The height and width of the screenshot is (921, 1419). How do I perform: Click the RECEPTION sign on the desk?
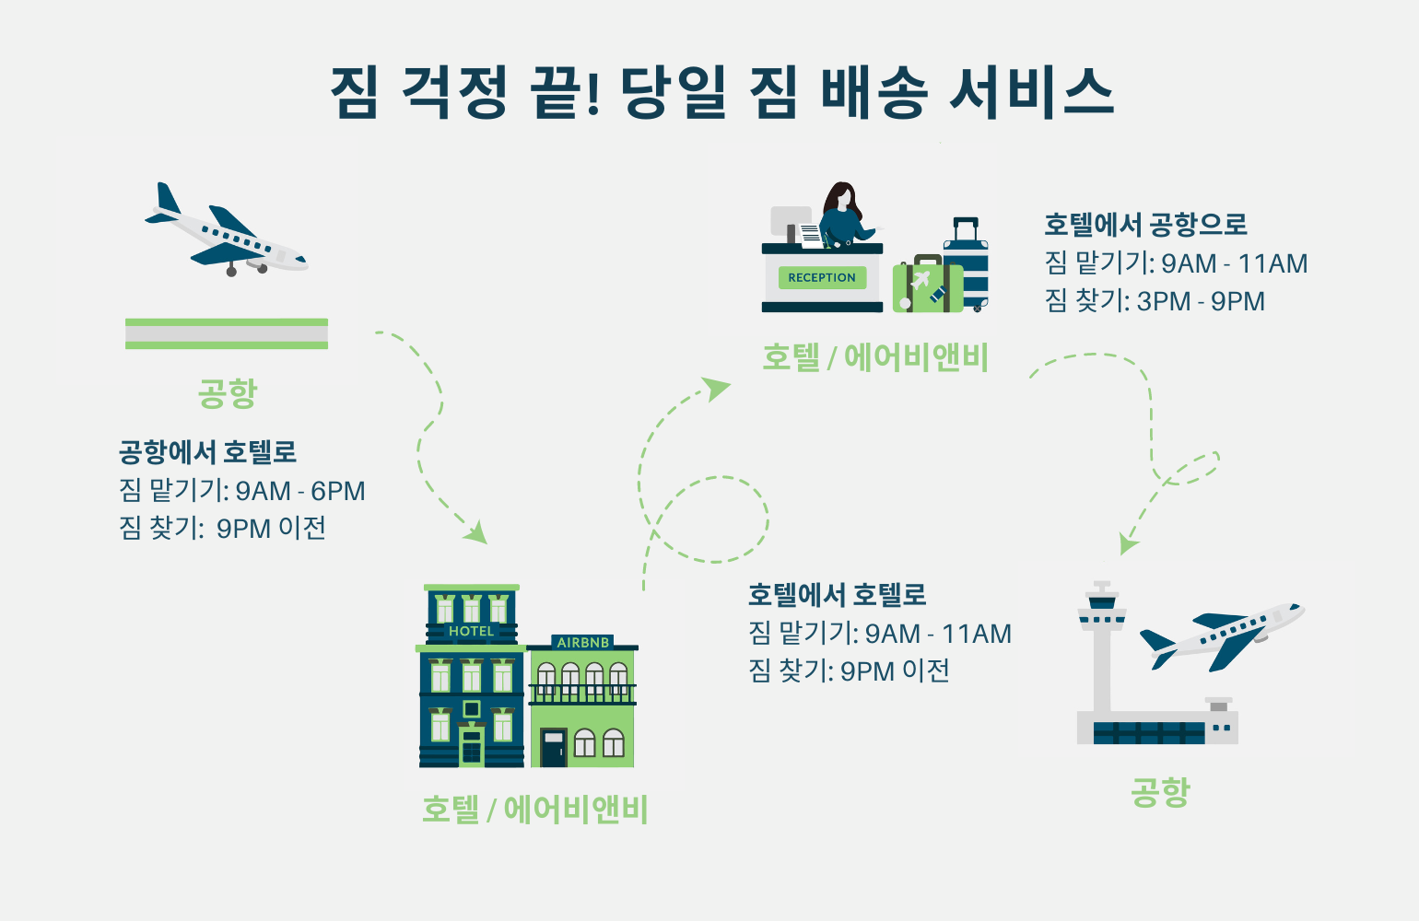click(822, 277)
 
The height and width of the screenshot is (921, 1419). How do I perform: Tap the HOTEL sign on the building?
click(471, 631)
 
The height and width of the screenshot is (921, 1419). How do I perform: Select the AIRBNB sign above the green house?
click(583, 642)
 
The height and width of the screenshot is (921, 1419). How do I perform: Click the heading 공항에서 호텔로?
click(207, 452)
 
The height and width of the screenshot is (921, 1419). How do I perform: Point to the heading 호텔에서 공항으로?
click(1145, 224)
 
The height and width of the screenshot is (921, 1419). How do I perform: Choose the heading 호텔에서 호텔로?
click(837, 594)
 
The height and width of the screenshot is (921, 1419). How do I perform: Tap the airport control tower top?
click(1102, 603)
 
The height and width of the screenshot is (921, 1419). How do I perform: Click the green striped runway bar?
click(227, 333)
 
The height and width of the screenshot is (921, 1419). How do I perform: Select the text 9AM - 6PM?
click(300, 491)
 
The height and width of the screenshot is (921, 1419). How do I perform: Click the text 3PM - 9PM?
click(1201, 301)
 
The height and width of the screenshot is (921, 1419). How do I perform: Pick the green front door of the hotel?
click(472, 747)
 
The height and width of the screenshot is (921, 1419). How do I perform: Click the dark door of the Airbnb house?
click(553, 748)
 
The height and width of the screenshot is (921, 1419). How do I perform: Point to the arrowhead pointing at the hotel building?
click(476, 532)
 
